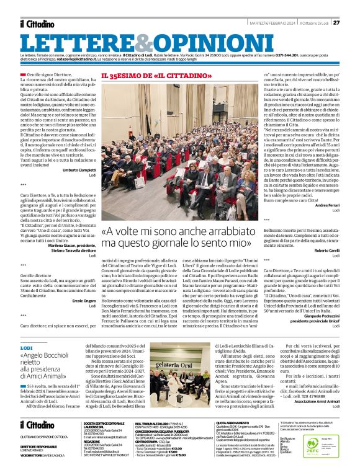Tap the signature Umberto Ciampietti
pyautogui.click(x=79, y=169)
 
